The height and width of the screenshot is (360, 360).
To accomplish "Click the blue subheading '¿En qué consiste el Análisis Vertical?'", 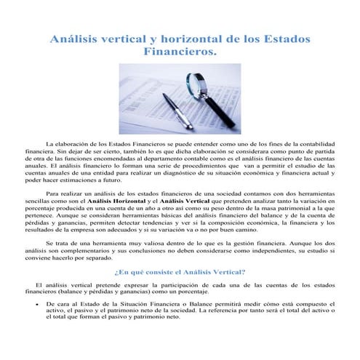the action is pos(180,271).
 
